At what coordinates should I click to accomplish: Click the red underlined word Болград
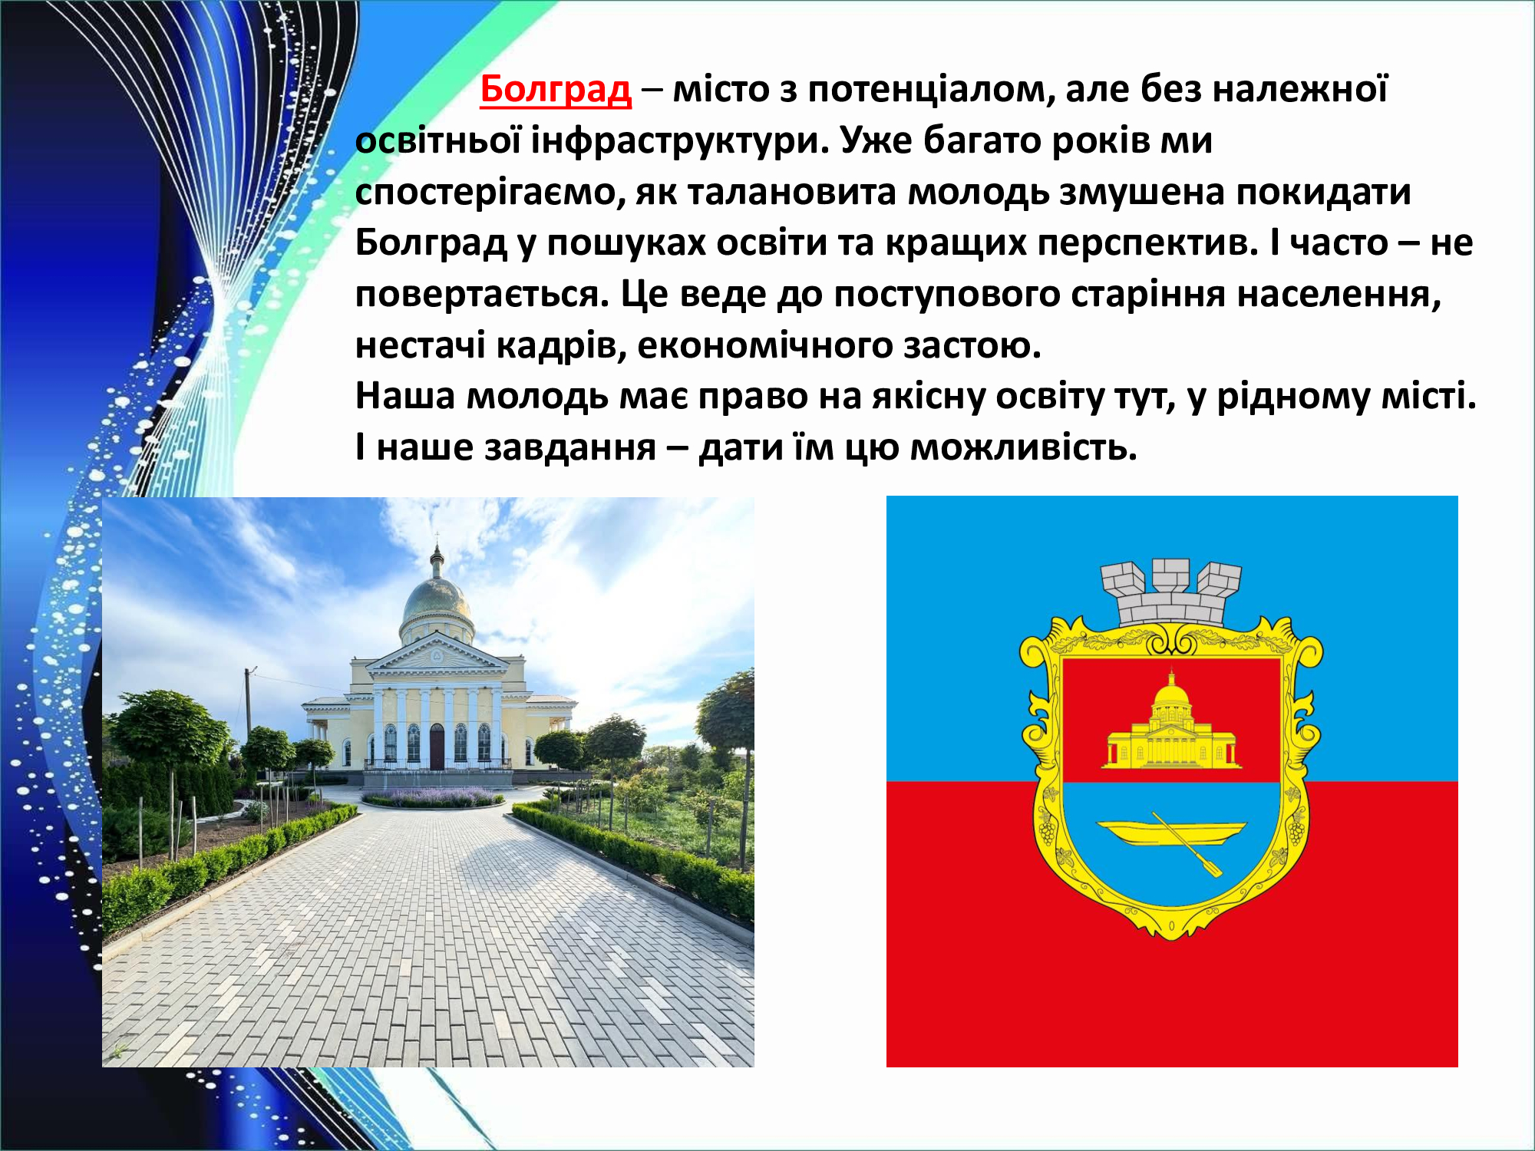tap(556, 89)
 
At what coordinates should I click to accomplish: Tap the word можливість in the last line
tap(1023, 447)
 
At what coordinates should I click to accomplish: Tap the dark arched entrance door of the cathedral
tap(437, 746)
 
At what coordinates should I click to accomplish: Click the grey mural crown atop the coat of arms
tap(1171, 592)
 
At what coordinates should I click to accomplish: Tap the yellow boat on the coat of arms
tap(1171, 832)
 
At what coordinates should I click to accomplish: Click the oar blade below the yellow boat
tap(1212, 868)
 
